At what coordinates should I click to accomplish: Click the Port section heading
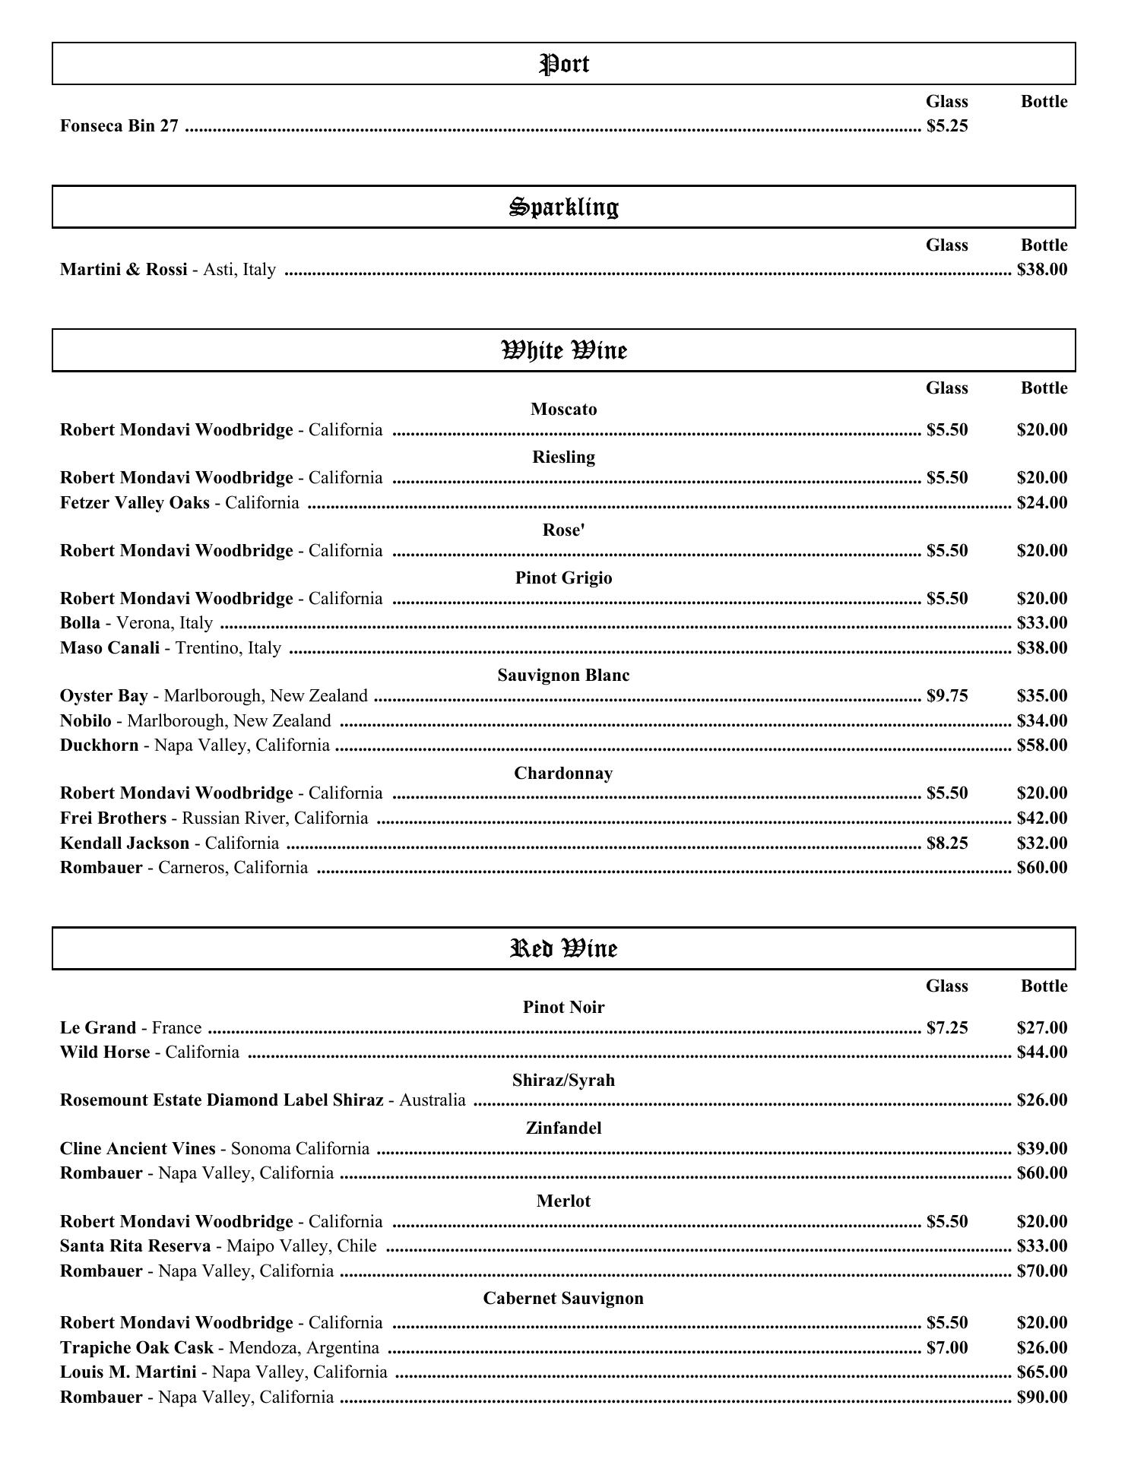click(x=563, y=64)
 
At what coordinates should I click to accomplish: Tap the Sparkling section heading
click(x=563, y=207)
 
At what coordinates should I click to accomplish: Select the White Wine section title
click(x=563, y=350)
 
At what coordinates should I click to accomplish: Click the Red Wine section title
click(x=563, y=948)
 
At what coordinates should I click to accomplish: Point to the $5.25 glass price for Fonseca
click(x=947, y=126)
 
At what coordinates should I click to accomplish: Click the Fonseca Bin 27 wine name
click(x=119, y=126)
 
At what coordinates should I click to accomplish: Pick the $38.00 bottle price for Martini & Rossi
click(x=1041, y=270)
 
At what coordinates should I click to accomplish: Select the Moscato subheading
click(x=563, y=410)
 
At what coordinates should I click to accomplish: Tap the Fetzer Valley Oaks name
click(x=135, y=503)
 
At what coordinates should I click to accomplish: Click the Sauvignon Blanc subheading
click(x=563, y=676)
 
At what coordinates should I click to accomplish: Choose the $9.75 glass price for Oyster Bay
click(x=947, y=696)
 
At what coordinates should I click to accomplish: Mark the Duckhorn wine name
click(x=100, y=745)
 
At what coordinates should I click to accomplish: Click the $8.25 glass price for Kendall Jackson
click(x=947, y=843)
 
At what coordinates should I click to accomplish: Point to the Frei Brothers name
click(x=113, y=818)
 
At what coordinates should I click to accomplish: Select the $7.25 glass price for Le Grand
click(x=947, y=1028)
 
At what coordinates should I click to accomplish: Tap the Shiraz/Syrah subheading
click(x=563, y=1081)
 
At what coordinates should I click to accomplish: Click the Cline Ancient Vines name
click(x=138, y=1148)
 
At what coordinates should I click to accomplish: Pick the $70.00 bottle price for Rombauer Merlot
click(x=1041, y=1271)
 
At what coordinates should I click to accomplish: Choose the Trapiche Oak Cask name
click(x=137, y=1348)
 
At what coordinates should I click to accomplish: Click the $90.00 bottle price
click(x=1041, y=1397)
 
